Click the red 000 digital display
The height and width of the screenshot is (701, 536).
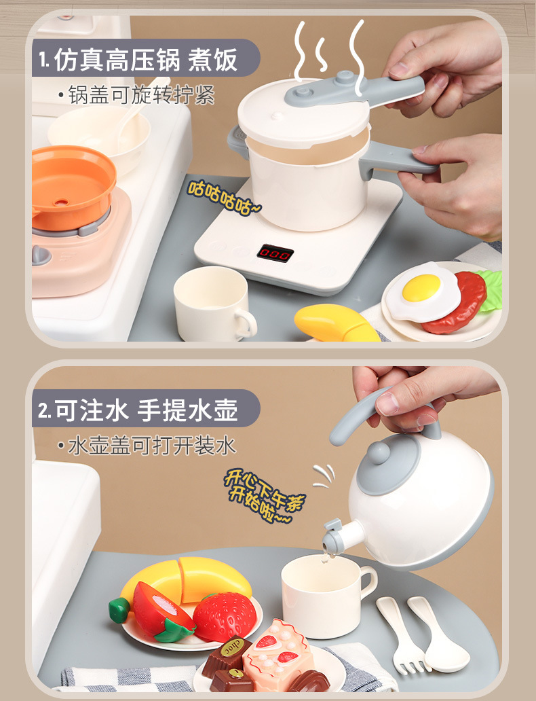(275, 253)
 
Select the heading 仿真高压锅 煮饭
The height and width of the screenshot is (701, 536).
(145, 60)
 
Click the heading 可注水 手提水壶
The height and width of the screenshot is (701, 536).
(146, 410)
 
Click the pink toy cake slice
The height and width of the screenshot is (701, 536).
(278, 655)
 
